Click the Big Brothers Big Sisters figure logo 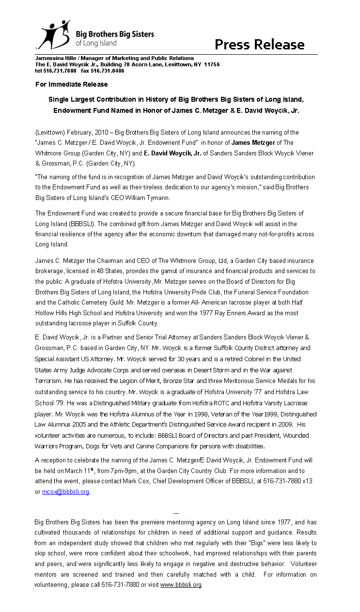pos(55,34)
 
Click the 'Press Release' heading pos(259,45)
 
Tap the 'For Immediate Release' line pos(71,84)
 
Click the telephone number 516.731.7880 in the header pos(60,71)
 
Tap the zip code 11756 pos(211,64)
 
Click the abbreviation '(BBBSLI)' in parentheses pos(71,224)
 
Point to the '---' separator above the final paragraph pos(176,513)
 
